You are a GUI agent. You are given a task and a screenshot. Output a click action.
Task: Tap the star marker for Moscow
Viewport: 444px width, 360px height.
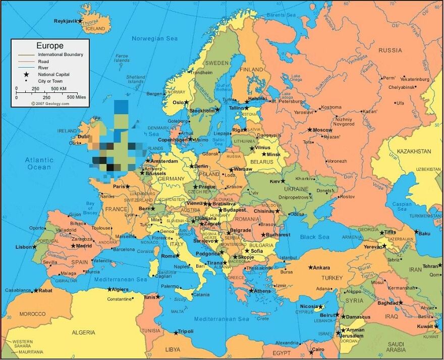[310, 129]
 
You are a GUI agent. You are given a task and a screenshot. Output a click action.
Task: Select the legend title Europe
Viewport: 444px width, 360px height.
[50, 46]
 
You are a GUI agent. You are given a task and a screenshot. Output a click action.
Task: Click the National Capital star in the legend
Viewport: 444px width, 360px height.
[25, 74]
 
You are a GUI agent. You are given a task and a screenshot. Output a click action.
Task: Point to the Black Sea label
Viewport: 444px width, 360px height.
[315, 237]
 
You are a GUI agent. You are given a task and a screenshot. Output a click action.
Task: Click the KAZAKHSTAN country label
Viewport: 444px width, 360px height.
[414, 151]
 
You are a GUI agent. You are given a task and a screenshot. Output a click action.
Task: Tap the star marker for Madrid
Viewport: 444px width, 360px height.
[73, 246]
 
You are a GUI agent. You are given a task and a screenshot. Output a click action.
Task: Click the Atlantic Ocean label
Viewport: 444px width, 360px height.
[39, 164]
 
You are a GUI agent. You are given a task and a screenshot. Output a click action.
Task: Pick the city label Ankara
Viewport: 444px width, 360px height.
[321, 268]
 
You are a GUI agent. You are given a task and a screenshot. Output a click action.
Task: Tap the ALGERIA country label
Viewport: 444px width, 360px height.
[83, 332]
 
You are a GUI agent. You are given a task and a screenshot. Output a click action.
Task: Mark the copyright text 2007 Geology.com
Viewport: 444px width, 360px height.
[50, 103]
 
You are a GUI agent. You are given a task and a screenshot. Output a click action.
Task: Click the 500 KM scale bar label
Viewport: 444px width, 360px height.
[59, 88]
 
